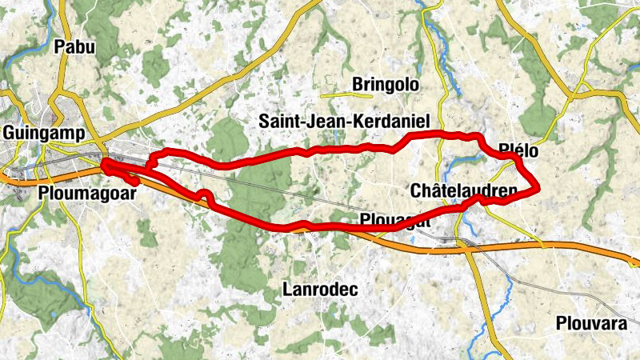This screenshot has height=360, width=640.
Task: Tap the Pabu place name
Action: [x=74, y=47]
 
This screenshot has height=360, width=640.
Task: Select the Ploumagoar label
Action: [x=77, y=192]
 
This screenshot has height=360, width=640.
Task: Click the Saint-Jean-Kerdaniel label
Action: [x=344, y=121]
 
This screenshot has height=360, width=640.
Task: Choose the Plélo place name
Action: [x=518, y=150]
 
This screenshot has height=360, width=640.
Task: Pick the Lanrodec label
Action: [x=320, y=289]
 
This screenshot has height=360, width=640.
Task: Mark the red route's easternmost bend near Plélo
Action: [x=538, y=189]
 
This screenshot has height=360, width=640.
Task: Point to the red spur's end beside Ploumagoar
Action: [x=138, y=182]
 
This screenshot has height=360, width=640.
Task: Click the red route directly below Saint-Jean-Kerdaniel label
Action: [x=344, y=148]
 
